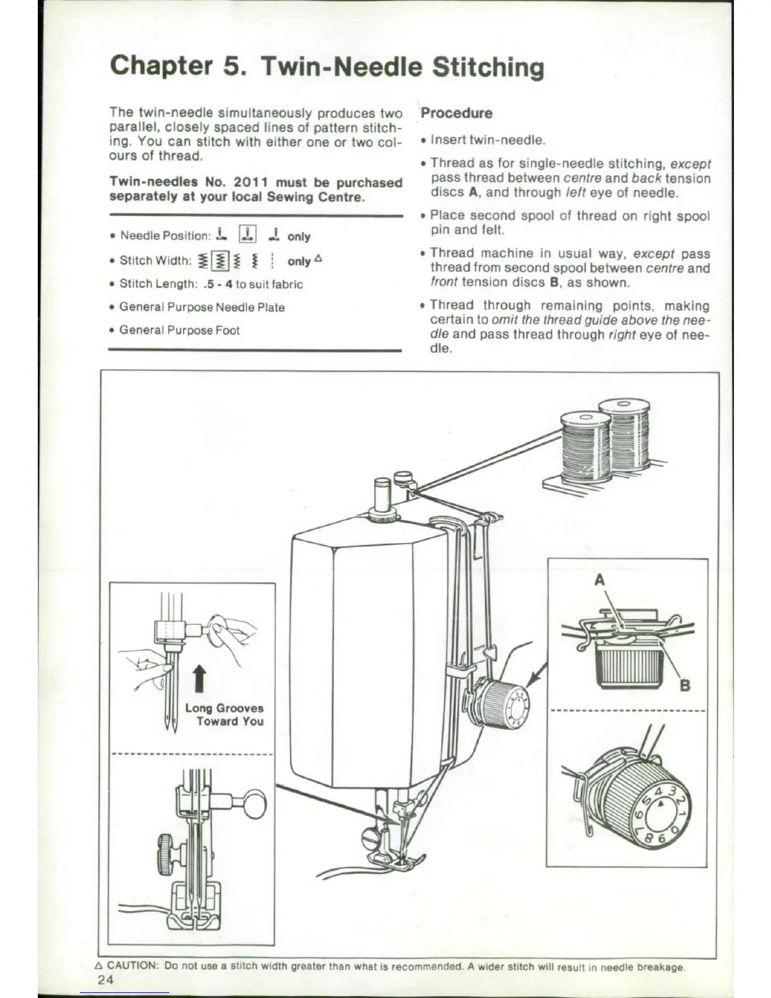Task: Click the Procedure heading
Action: tap(457, 113)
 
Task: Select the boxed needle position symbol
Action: tap(246, 235)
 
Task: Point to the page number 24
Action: tap(106, 980)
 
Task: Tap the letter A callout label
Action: tap(600, 580)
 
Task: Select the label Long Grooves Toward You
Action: tap(224, 714)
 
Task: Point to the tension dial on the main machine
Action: tap(504, 704)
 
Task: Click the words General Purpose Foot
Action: tap(180, 330)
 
